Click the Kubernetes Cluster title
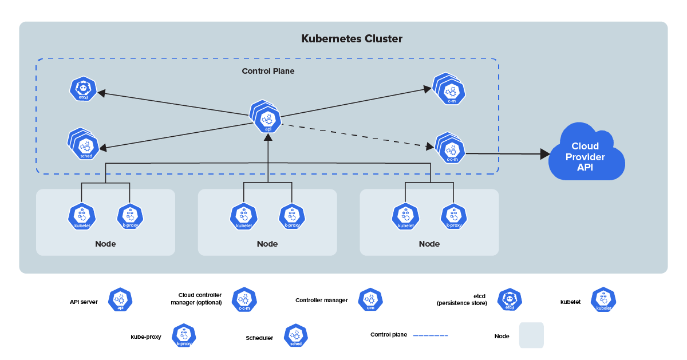352,39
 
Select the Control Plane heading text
268,72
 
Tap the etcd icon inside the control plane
83,90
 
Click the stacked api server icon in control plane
267,118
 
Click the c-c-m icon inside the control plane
452,151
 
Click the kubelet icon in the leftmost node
82,216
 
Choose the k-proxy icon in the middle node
292,216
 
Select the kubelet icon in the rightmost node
405,216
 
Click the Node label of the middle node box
267,244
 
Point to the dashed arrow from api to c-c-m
355,135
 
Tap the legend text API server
84,300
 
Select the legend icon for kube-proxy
184,335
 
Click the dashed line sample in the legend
430,335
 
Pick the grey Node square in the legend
531,335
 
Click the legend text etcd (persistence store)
463,300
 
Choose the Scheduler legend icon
296,335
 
